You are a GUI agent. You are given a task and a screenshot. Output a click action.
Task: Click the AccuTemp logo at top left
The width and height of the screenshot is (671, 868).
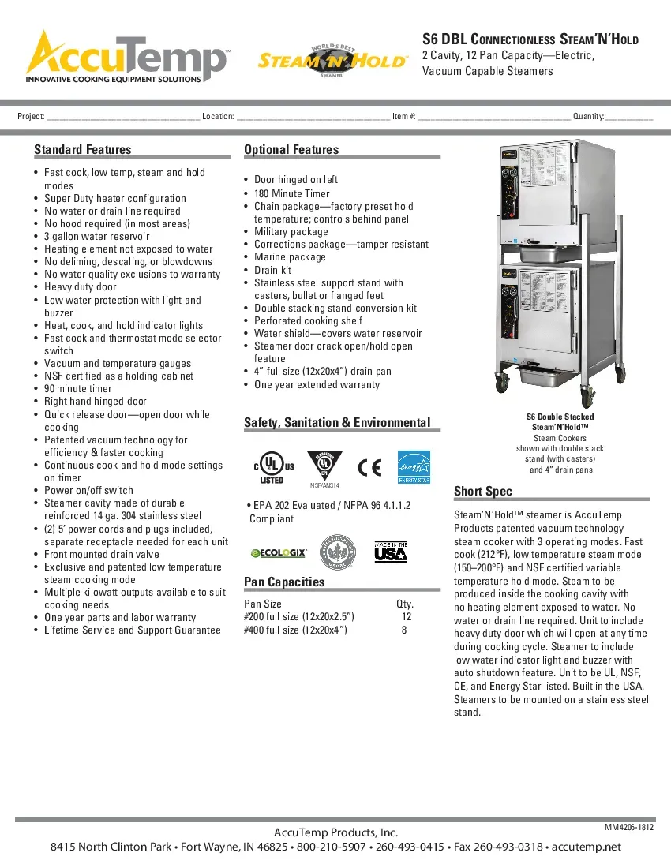pyautogui.click(x=126, y=57)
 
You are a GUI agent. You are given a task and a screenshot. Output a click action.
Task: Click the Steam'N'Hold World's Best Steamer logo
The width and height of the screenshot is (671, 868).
pyautogui.click(x=332, y=60)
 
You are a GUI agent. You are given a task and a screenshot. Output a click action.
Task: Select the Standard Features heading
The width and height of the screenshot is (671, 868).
pyautogui.click(x=83, y=150)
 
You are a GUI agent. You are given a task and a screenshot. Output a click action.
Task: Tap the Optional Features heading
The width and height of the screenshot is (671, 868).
pyautogui.click(x=291, y=150)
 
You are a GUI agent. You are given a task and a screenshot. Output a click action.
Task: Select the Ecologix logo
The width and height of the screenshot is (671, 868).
pyautogui.click(x=279, y=553)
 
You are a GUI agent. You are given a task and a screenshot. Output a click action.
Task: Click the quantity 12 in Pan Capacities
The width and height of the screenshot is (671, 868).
pyautogui.click(x=407, y=617)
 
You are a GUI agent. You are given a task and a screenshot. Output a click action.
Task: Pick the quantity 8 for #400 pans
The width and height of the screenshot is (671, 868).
pyautogui.click(x=404, y=630)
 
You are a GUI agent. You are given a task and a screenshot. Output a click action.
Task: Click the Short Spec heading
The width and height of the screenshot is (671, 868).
pyautogui.click(x=483, y=492)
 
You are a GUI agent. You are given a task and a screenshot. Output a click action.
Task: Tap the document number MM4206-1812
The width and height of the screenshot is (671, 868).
pyautogui.click(x=629, y=828)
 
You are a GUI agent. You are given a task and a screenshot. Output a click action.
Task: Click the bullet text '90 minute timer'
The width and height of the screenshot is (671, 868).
pyautogui.click(x=78, y=389)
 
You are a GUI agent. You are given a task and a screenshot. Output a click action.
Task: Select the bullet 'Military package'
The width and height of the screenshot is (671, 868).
pyautogui.click(x=291, y=232)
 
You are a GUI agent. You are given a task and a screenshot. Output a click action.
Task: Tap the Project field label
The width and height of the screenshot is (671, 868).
pyautogui.click(x=31, y=117)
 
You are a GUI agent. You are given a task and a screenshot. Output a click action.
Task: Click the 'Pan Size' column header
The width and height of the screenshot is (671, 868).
pyautogui.click(x=263, y=604)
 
